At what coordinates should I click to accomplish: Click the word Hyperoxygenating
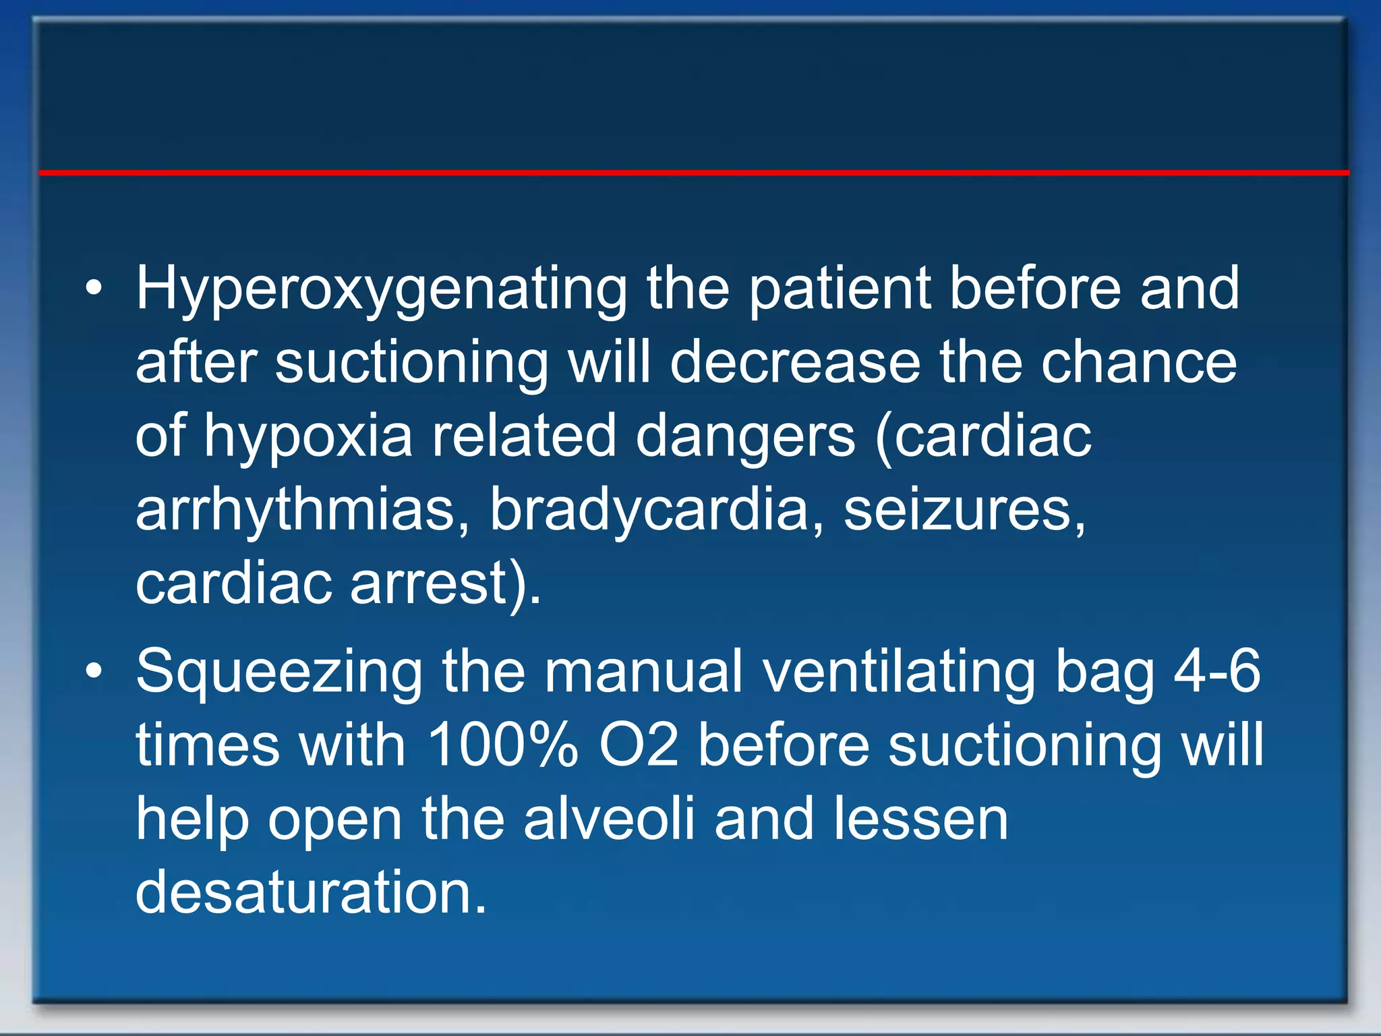pos(382,290)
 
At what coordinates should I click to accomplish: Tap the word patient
pos(840,290)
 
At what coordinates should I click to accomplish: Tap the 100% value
pos(503,745)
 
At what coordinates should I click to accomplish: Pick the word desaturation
pos(310,892)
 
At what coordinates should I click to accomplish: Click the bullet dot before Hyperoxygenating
pos(94,291)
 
